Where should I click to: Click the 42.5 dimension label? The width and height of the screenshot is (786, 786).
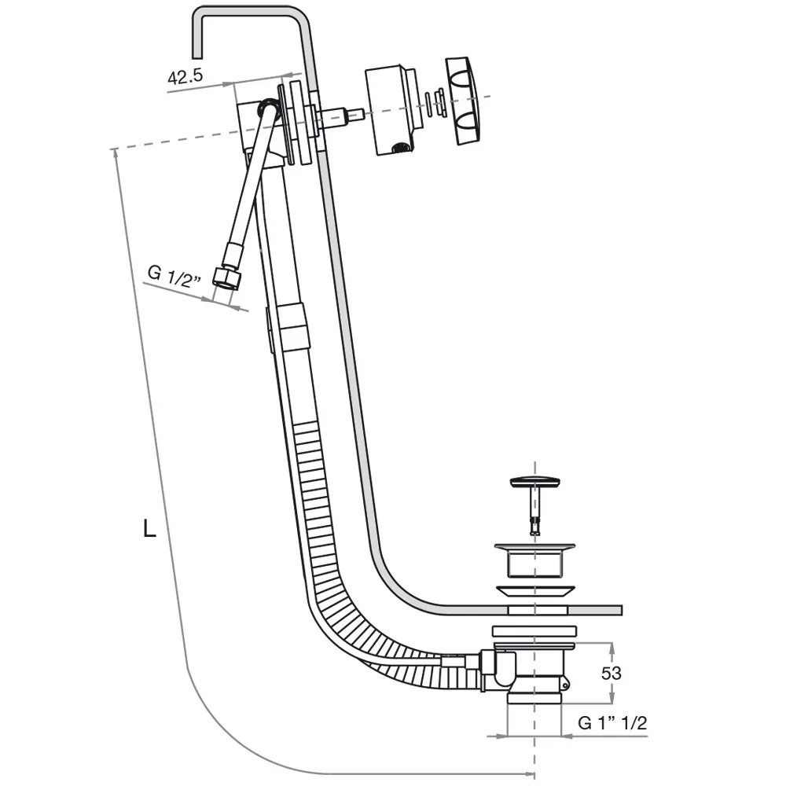[x=185, y=77]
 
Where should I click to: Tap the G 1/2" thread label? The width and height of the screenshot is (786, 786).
[x=174, y=276]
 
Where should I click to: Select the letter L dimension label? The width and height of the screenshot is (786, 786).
[x=149, y=528]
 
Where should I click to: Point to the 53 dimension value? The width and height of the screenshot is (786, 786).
[x=611, y=673]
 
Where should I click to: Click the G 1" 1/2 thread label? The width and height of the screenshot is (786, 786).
[x=612, y=722]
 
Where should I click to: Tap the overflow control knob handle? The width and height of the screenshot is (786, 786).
[x=463, y=101]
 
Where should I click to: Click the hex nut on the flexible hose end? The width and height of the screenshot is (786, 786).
[x=226, y=278]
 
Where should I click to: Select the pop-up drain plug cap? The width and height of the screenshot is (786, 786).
[x=534, y=483]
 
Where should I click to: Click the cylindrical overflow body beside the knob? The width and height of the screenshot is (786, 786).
[x=391, y=110]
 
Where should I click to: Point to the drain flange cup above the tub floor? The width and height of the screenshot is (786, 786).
[x=534, y=560]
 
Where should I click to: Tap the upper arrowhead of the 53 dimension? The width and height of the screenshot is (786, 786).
[x=611, y=648]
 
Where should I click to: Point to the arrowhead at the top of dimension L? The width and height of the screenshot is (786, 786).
[x=116, y=154]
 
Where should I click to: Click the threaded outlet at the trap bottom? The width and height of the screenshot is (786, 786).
[x=534, y=700]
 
